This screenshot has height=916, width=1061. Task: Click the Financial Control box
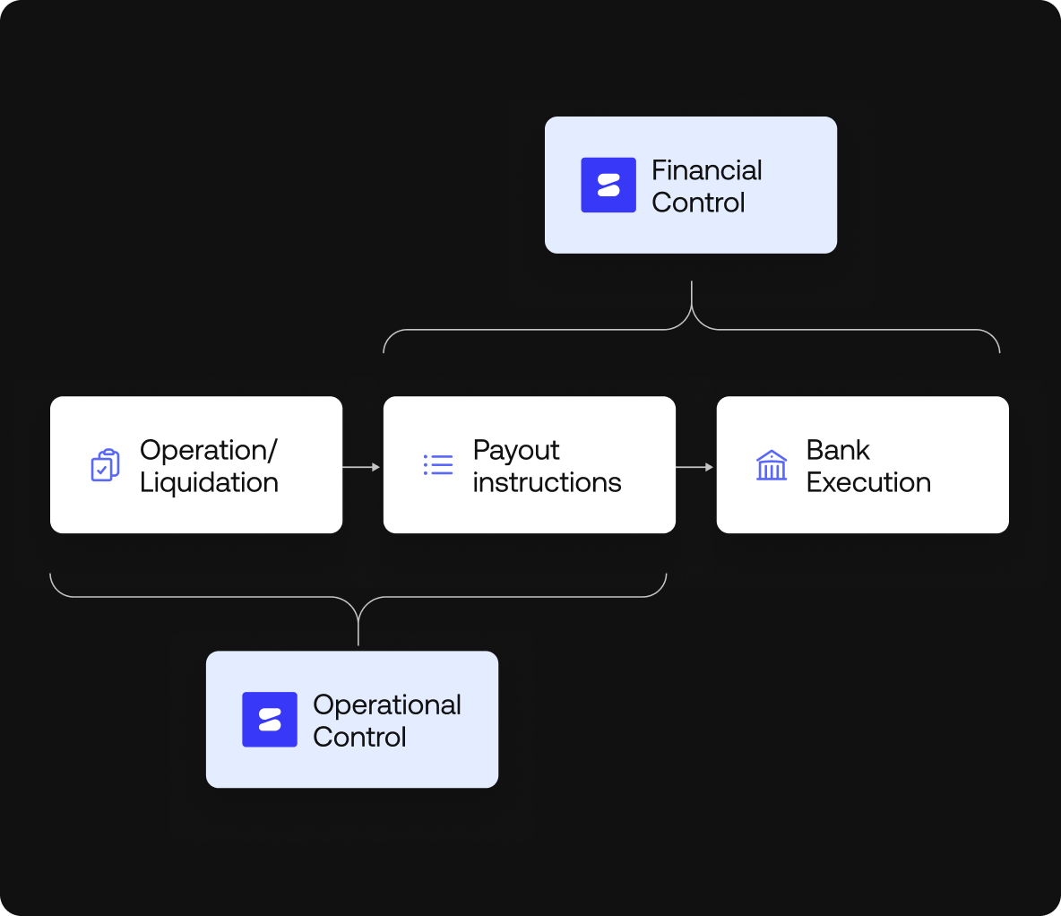pos(691,185)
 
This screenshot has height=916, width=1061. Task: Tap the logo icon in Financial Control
pos(608,185)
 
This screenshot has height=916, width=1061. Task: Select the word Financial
pos(706,170)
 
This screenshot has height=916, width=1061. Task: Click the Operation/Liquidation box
pos(196,465)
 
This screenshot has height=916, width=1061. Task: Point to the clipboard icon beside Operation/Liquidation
pos(106,465)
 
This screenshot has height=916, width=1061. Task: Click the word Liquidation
pos(209,482)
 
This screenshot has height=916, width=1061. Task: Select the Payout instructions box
pos(529,465)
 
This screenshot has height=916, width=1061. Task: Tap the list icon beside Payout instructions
pos(438,465)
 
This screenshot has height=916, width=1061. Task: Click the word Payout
pos(516,451)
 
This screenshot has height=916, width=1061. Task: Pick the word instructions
pos(547,483)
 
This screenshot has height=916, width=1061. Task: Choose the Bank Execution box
pos(863,465)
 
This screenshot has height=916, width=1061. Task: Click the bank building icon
pos(772,465)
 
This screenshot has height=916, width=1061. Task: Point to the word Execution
pos(869,483)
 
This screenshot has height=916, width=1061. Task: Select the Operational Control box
pos(352,719)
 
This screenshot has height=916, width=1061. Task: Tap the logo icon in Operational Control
pos(270,719)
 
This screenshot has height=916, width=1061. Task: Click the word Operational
pos(387,705)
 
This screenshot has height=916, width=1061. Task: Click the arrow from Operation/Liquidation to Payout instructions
pos(361,467)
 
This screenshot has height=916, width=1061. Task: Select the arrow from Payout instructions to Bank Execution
pos(694,467)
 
